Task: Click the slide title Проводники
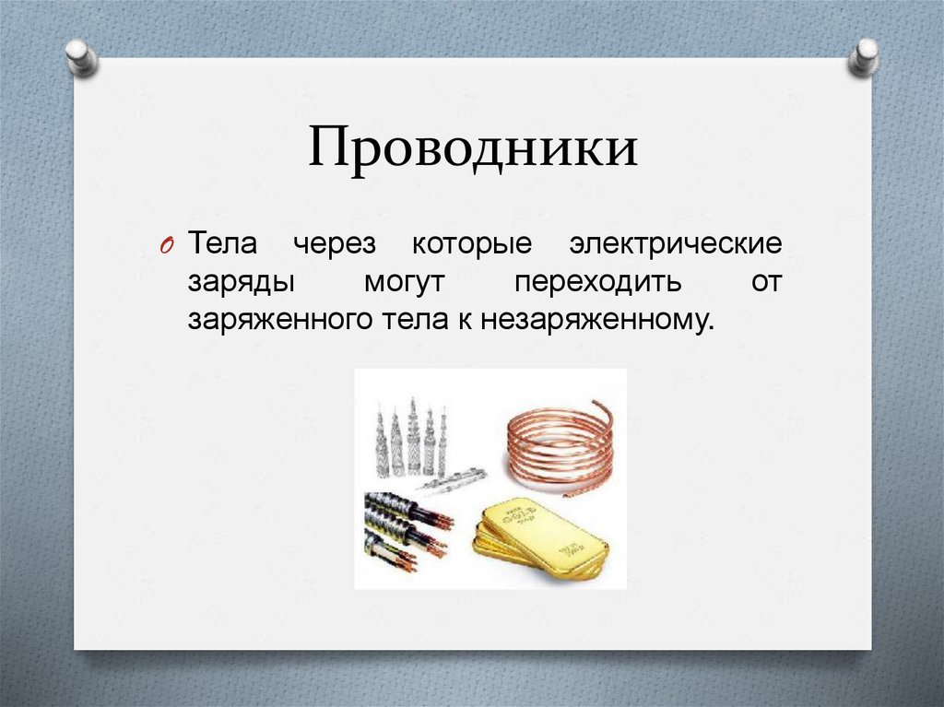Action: click(472, 149)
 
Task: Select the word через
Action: click(336, 246)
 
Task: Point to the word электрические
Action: click(675, 246)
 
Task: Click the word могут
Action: click(404, 283)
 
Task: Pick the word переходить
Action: click(598, 283)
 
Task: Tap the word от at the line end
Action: click(765, 283)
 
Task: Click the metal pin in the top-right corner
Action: click(864, 56)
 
